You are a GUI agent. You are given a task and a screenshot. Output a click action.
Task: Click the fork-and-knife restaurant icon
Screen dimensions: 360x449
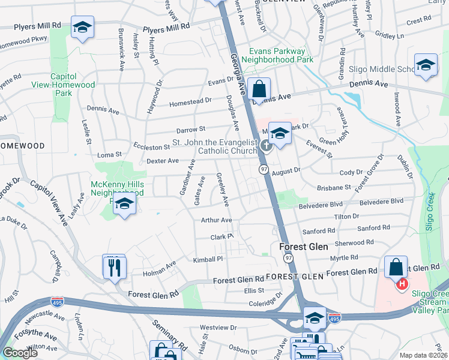(114, 266)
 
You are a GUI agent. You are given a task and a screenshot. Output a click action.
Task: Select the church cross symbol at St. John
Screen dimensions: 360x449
(267, 146)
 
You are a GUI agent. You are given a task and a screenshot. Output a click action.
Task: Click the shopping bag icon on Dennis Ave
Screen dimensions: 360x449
(259, 89)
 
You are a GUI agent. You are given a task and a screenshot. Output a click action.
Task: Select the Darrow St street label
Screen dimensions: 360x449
(191, 129)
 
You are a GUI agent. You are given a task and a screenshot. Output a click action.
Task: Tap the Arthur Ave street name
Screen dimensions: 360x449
(216, 220)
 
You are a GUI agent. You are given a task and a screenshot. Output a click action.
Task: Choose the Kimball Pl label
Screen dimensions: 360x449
(208, 259)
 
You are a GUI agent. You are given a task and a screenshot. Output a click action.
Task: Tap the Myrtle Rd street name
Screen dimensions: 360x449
(344, 257)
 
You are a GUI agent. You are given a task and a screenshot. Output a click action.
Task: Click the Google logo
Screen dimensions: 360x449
(20, 353)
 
